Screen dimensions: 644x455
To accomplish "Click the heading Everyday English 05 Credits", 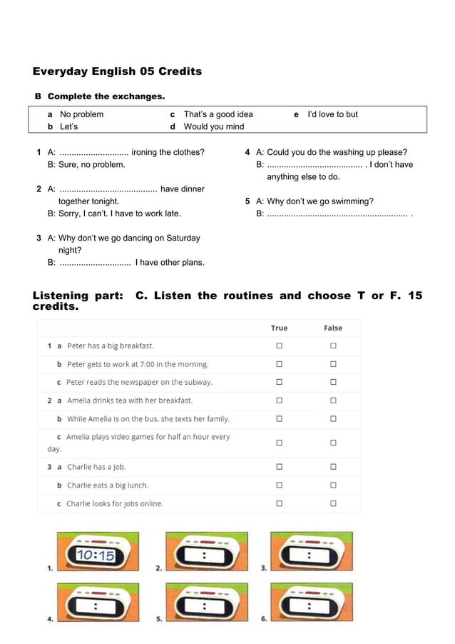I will click(117, 71).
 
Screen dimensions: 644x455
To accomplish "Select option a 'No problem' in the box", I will click(81, 114).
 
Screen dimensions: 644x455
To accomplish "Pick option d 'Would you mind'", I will click(213, 126).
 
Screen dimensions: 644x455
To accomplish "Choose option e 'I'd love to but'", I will click(332, 114).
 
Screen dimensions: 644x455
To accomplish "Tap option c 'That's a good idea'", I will click(218, 114).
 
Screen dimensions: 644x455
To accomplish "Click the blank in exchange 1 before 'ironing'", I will click(93, 153).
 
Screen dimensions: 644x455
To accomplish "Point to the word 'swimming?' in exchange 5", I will click(354, 201).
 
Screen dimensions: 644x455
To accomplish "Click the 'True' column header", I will click(280, 328).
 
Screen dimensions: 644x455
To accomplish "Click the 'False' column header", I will click(333, 328).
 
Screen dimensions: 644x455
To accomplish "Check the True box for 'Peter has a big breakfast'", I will click(280, 346).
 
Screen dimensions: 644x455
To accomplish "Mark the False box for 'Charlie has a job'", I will click(333, 467).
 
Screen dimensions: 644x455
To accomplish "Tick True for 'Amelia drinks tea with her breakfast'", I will click(280, 401).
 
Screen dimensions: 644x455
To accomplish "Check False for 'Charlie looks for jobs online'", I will click(333, 503).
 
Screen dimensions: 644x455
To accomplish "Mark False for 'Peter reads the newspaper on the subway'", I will click(333, 382).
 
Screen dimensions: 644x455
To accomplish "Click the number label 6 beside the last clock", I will click(264, 619).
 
